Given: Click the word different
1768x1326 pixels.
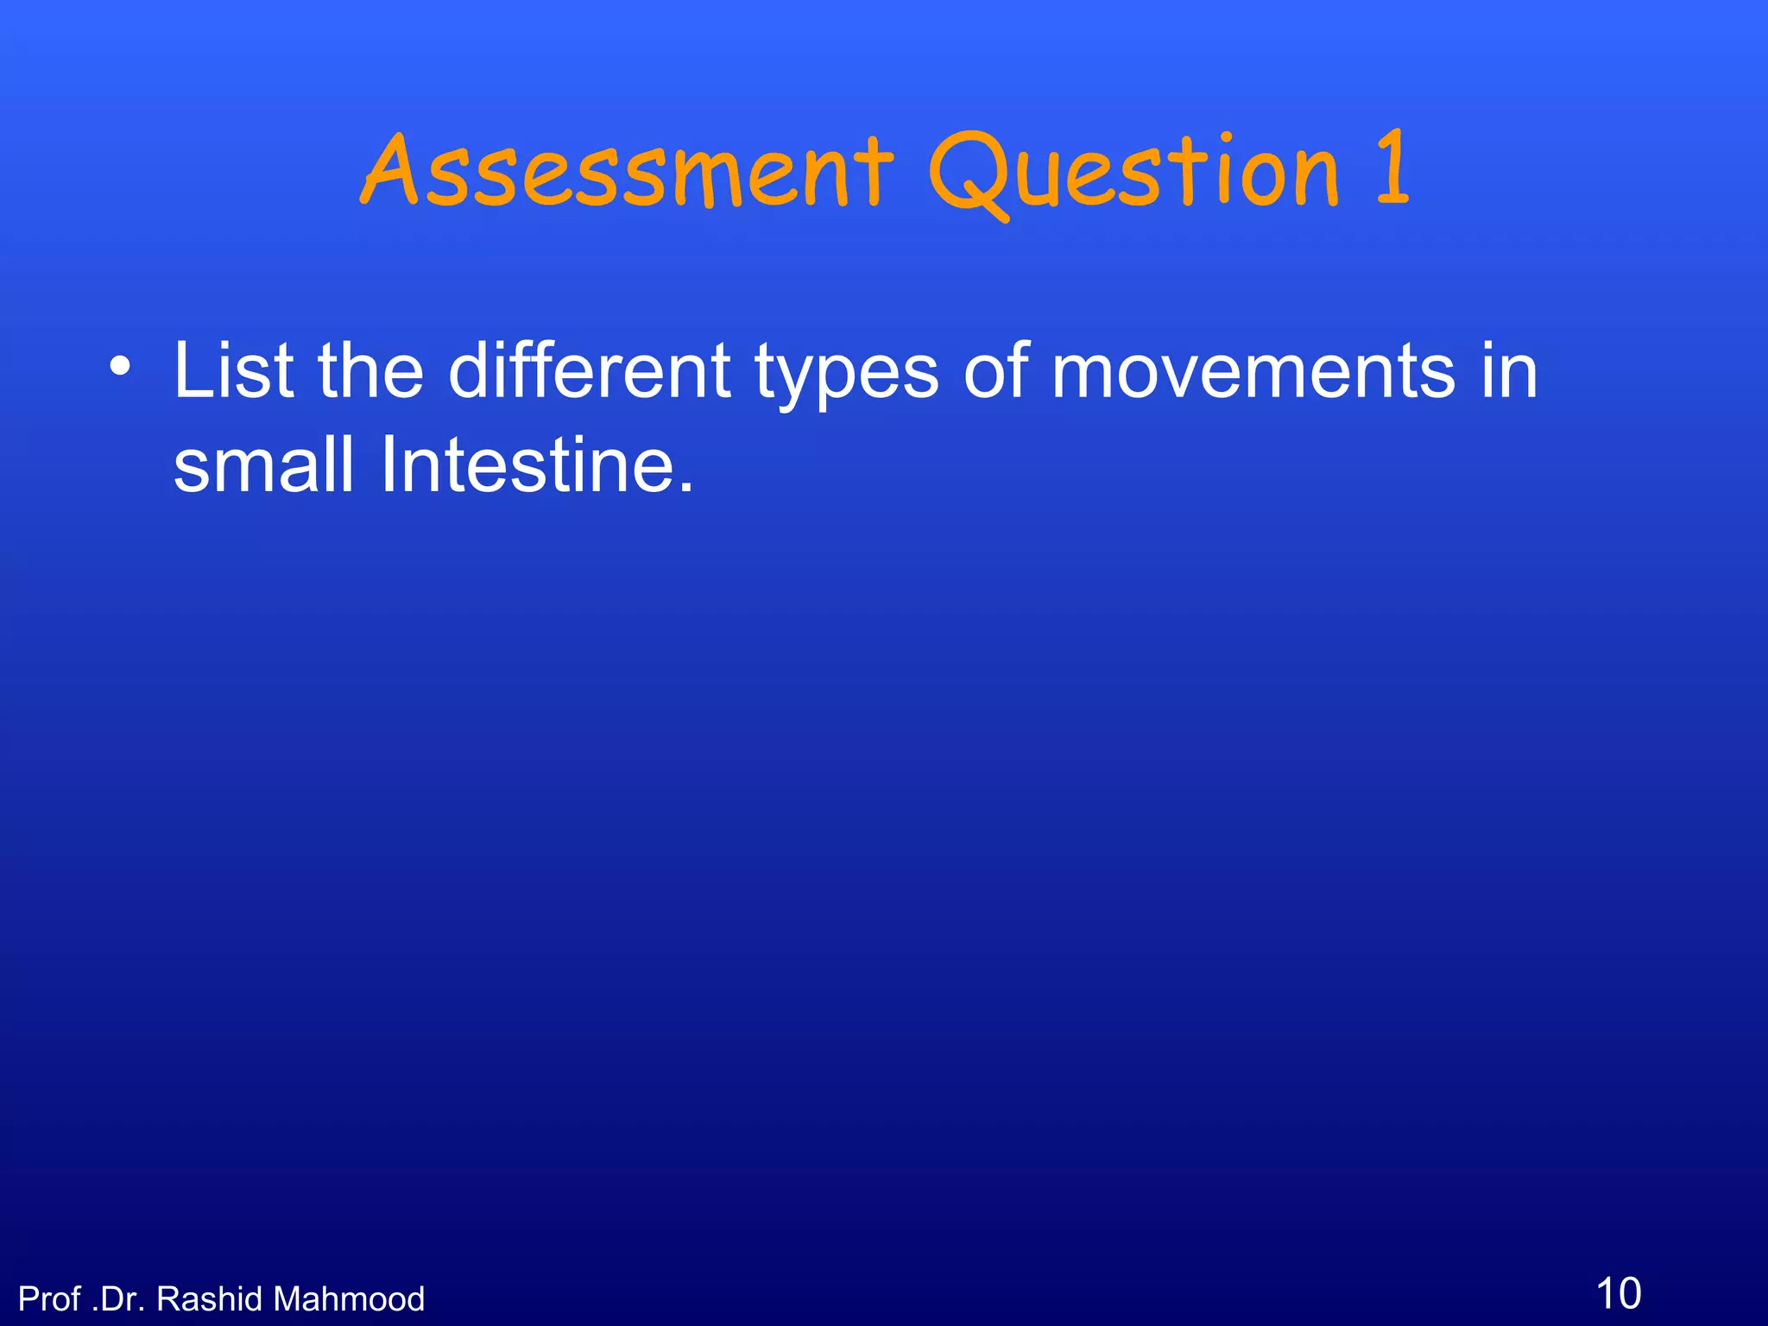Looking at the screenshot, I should (x=590, y=370).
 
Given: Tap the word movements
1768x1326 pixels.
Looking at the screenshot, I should (x=1253, y=370).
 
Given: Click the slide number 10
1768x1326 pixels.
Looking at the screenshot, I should (x=1618, y=1293).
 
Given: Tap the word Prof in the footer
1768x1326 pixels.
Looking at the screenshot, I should (x=49, y=1299).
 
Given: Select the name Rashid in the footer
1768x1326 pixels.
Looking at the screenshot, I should (x=210, y=1299).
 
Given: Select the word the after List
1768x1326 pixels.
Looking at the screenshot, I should (x=370, y=370).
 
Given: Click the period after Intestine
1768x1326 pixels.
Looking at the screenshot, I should (x=685, y=489).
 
